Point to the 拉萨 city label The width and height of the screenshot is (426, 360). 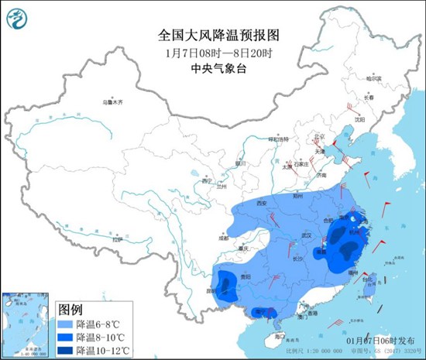(116, 239)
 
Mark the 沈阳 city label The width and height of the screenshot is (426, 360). (359, 121)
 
